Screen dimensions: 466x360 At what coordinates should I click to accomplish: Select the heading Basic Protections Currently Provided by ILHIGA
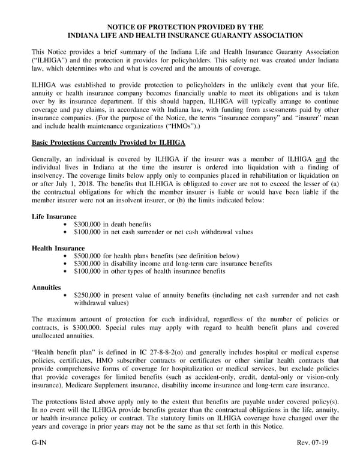(108, 142)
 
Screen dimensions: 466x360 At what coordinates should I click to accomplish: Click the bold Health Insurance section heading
(58, 247)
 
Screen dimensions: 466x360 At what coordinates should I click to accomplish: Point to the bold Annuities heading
(46, 288)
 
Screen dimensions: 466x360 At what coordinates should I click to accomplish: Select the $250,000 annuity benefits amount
(88, 295)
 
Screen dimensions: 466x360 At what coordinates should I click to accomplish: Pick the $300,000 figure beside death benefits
(88, 223)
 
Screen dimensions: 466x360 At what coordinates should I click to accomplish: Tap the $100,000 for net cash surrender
(88, 231)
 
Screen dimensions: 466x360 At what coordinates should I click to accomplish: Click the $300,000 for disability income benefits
(88, 264)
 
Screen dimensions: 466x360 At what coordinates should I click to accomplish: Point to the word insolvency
(51, 175)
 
